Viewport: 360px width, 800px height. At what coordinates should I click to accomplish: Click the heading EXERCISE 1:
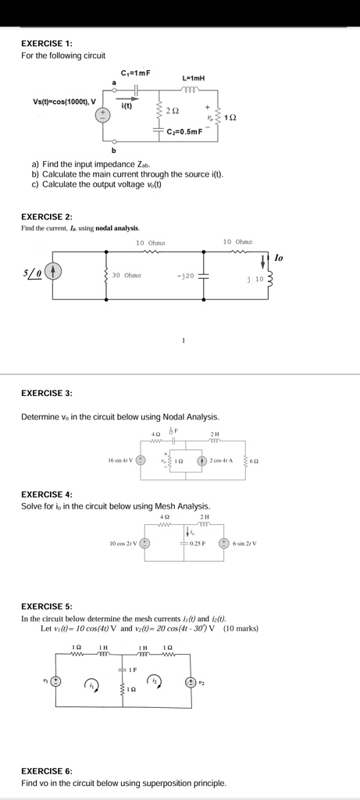[x=46, y=44]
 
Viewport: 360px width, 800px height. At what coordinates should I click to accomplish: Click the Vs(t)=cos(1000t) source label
[x=64, y=101]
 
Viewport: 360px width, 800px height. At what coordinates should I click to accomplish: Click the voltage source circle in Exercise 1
[x=102, y=115]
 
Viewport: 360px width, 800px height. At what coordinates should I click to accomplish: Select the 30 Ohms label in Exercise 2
[x=127, y=275]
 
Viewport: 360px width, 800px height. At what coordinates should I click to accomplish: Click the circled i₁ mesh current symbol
[x=92, y=684]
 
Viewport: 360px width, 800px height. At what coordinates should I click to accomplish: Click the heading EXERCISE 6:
[x=46, y=770]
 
